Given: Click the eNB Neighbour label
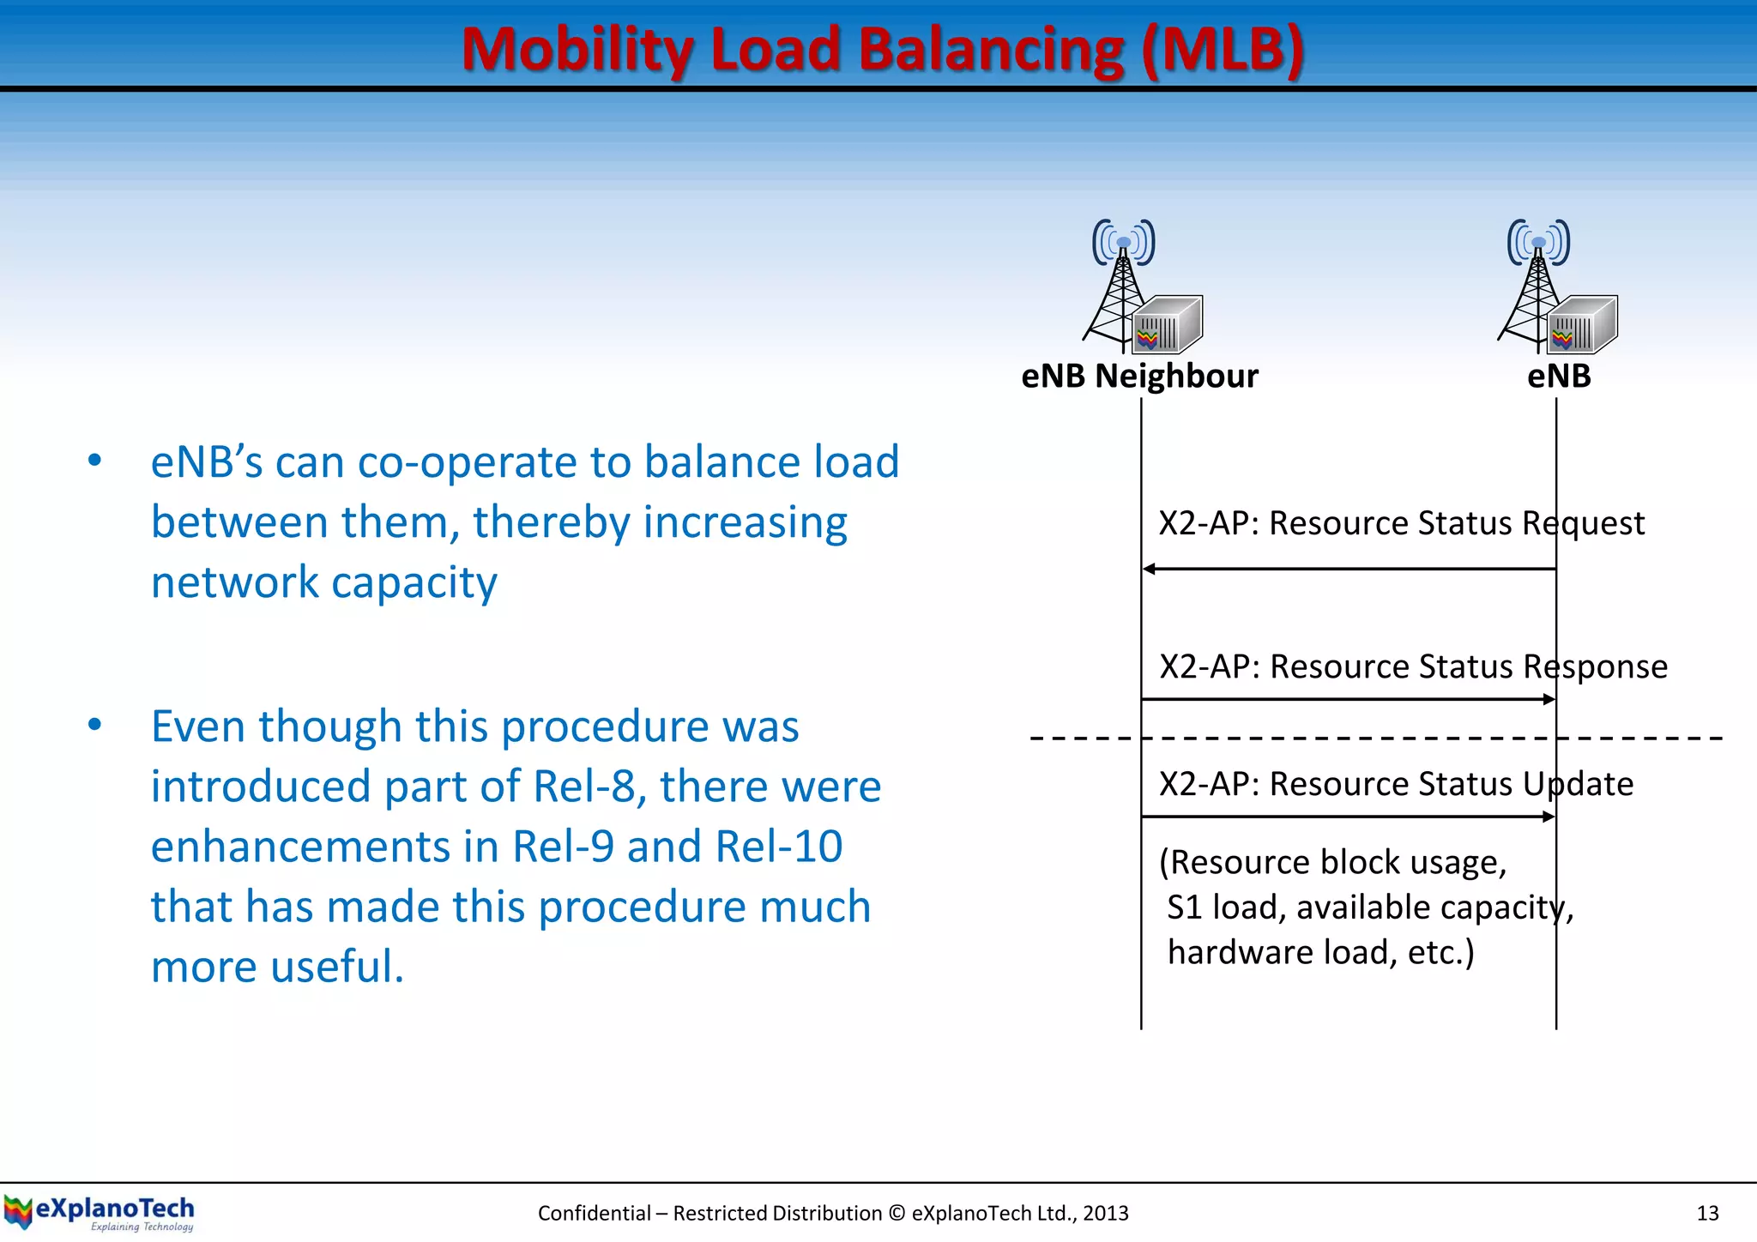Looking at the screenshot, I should pos(1139,377).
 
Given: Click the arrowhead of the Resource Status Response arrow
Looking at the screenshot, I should pos(1549,700).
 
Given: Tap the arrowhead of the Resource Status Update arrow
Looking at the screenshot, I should pos(1549,817).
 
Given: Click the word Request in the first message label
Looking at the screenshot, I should pos(1583,523).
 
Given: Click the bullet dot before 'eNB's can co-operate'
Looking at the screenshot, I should pos(94,461).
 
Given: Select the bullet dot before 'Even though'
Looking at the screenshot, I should pos(94,725).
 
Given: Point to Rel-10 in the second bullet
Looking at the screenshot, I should pos(778,847).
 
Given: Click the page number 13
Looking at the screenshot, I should pos(1707,1213).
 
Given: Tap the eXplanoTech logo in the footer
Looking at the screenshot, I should pos(100,1212).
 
